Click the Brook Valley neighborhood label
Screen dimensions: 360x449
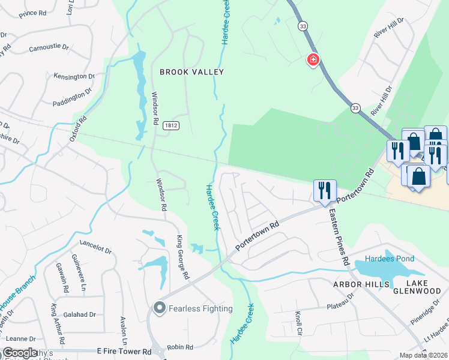coord(191,72)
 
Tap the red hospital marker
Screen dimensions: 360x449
coord(313,60)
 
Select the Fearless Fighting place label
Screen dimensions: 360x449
coord(200,308)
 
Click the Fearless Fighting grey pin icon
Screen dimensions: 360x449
coord(159,308)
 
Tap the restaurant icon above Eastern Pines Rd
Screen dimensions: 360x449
coord(324,191)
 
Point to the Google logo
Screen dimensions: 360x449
coord(20,353)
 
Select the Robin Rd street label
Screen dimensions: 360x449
coord(180,347)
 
